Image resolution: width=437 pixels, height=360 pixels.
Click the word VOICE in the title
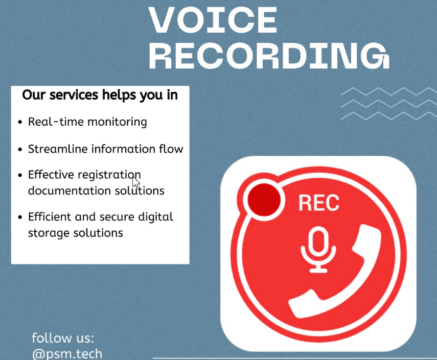[x=213, y=20]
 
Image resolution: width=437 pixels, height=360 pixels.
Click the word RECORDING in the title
[x=269, y=56]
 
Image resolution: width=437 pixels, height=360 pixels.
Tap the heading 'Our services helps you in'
[x=100, y=95]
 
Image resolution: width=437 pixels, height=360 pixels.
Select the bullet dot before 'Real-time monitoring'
[x=20, y=122]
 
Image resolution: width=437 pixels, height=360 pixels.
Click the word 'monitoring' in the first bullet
[x=117, y=122]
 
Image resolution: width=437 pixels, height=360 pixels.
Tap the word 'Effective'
[x=51, y=175]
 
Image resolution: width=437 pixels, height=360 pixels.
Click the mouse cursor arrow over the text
[x=135, y=183]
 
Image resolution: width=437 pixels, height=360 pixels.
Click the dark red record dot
[x=264, y=200]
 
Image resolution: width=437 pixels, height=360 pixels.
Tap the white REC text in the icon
[x=319, y=203]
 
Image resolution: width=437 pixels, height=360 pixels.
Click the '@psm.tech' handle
[x=67, y=353]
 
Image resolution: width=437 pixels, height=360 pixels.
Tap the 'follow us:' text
[x=63, y=338]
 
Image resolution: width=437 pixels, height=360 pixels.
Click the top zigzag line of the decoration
[x=389, y=91]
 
